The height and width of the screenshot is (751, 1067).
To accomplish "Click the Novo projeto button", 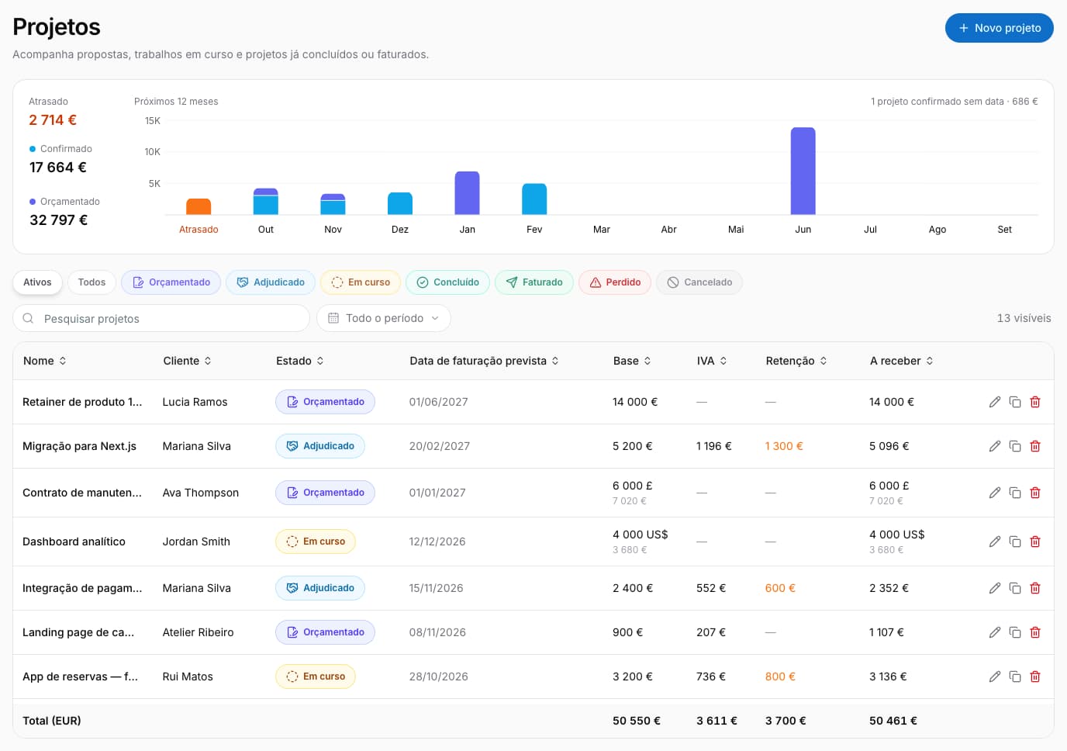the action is [999, 28].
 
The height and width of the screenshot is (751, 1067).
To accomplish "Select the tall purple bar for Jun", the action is [803, 171].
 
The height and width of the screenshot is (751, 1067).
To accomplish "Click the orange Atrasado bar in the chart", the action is [199, 207].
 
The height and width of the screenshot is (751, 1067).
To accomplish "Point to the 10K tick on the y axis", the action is [153, 152].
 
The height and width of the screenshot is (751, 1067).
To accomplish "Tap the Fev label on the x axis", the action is [534, 229].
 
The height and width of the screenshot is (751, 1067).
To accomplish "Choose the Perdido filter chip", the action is [614, 282].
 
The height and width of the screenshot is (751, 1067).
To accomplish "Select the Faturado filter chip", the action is [533, 282].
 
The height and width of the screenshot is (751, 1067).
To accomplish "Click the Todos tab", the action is [92, 282].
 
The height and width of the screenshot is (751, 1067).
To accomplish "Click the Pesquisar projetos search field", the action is [161, 318].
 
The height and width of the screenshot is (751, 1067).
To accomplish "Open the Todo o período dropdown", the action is [383, 318].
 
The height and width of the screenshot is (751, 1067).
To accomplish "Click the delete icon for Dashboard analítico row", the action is [1034, 542].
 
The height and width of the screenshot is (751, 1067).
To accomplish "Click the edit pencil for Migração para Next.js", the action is [994, 447].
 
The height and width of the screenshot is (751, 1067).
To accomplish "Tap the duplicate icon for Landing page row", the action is [1014, 632].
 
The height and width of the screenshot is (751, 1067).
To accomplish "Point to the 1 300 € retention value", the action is [783, 446].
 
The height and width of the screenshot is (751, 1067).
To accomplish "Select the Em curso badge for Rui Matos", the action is [316, 677].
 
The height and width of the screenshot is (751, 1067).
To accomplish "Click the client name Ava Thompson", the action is [201, 493].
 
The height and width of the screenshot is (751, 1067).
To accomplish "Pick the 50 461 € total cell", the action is [893, 721].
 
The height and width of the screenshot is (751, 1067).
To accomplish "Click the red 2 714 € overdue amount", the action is [53, 120].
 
